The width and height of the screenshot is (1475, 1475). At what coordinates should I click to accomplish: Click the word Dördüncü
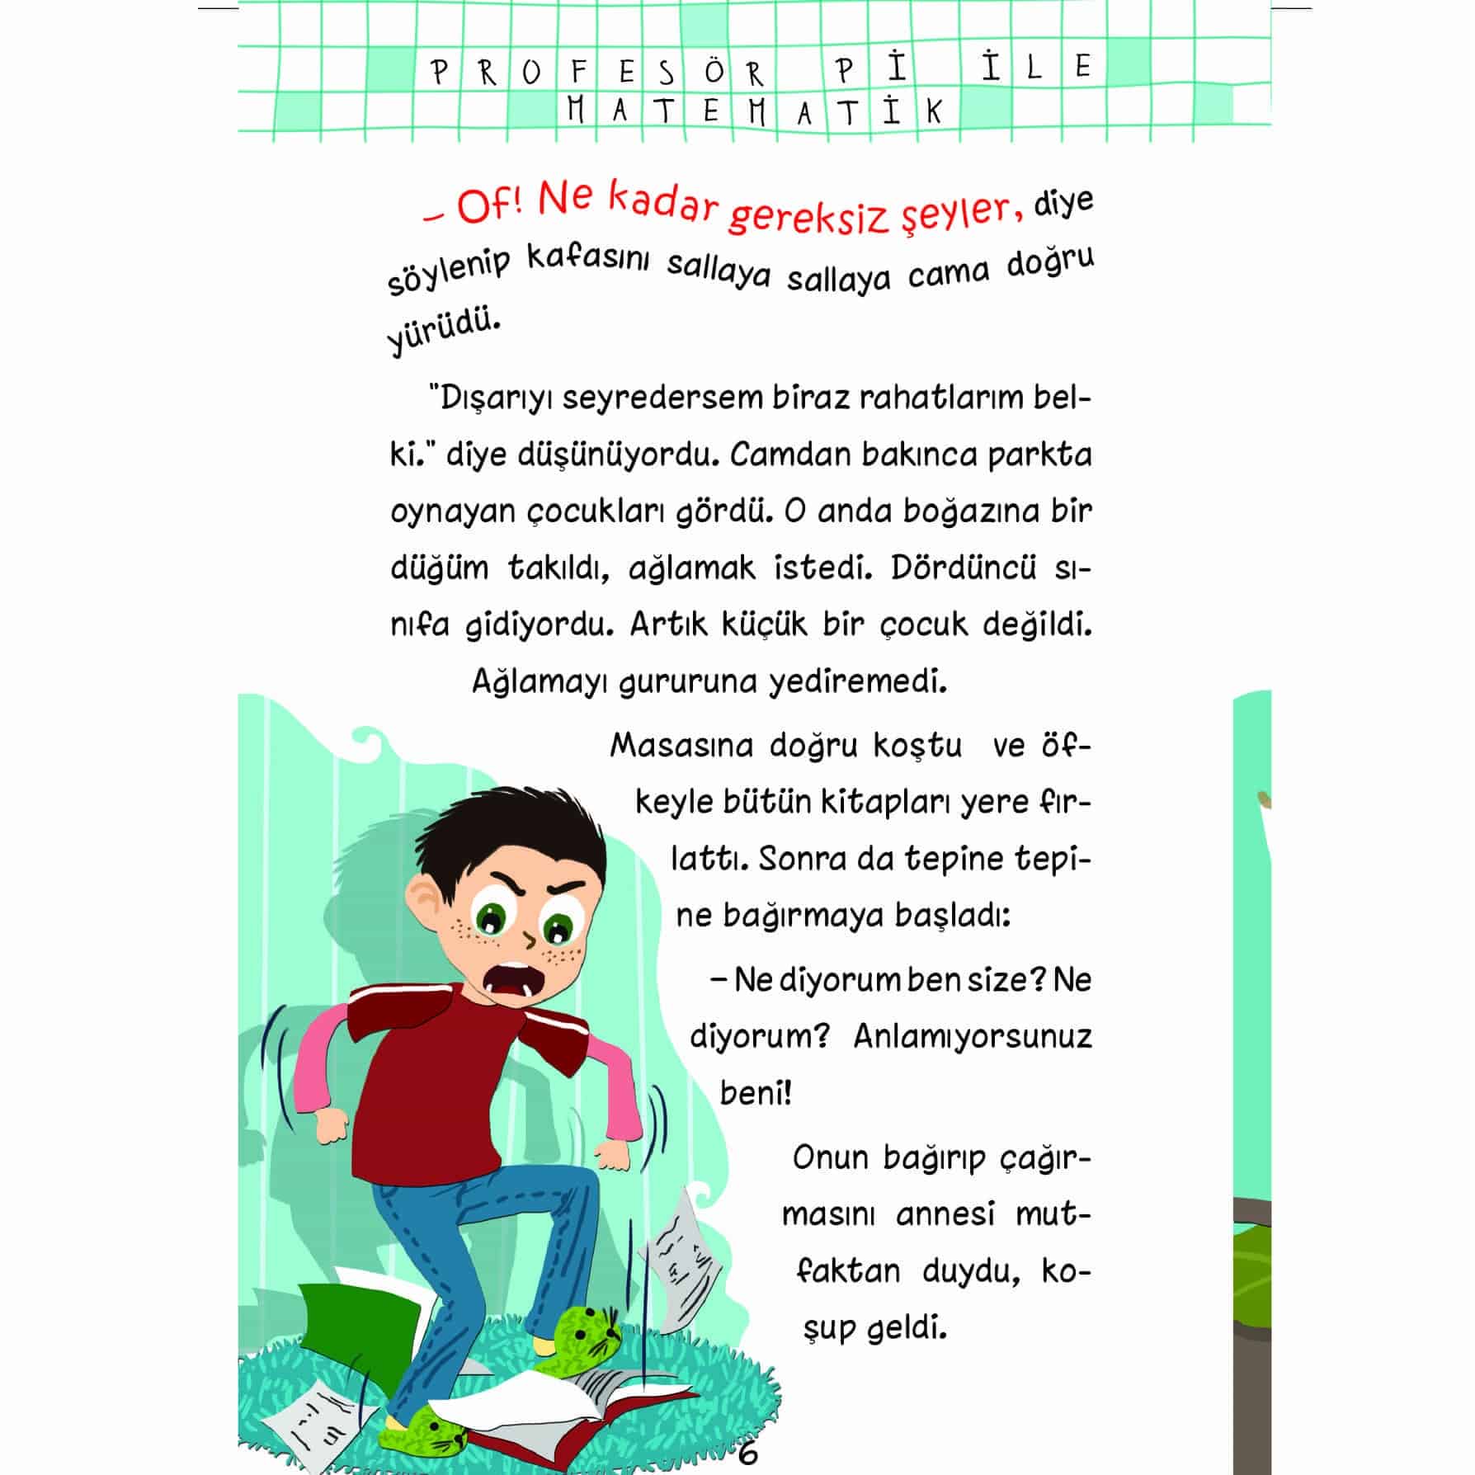click(x=963, y=568)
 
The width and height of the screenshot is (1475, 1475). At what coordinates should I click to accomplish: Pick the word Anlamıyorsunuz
click(x=972, y=1036)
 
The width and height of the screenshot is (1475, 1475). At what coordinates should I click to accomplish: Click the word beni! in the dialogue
click(x=755, y=1093)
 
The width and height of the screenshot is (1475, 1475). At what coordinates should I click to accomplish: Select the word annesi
click(x=945, y=1215)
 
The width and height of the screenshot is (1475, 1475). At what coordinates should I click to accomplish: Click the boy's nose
click(x=529, y=939)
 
